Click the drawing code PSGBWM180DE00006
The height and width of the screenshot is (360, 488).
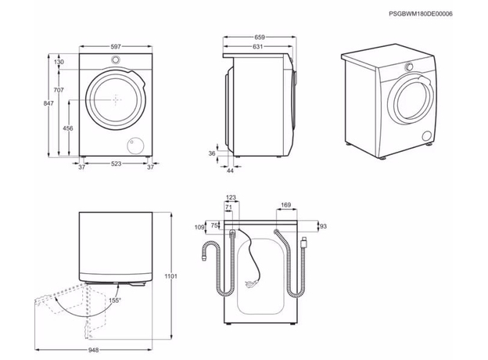click(x=421, y=14)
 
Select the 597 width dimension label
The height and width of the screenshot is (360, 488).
click(x=116, y=47)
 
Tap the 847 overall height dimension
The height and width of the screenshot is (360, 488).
click(x=48, y=103)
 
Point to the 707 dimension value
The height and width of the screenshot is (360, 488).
click(x=59, y=90)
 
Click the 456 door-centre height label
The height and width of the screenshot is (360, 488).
click(x=68, y=128)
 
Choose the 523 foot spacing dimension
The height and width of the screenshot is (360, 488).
click(x=116, y=164)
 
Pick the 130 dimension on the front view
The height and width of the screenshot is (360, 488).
click(x=59, y=62)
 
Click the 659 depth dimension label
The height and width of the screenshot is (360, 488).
click(x=260, y=38)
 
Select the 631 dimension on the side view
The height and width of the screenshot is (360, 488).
click(x=258, y=47)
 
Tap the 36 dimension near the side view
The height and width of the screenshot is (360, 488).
click(x=212, y=153)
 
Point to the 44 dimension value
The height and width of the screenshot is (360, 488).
click(x=230, y=171)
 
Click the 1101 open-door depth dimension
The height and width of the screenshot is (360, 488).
click(x=170, y=276)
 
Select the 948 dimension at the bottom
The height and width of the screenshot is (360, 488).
click(x=93, y=351)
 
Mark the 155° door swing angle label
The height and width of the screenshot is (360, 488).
click(x=115, y=301)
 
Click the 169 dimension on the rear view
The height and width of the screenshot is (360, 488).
click(x=285, y=205)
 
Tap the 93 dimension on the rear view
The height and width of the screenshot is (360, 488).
click(x=323, y=226)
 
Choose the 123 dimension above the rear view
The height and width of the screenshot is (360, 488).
click(x=231, y=197)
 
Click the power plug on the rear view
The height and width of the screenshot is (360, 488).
click(x=252, y=283)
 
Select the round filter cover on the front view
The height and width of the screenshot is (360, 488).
click(x=135, y=146)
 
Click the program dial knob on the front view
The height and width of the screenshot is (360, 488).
click(x=116, y=59)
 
